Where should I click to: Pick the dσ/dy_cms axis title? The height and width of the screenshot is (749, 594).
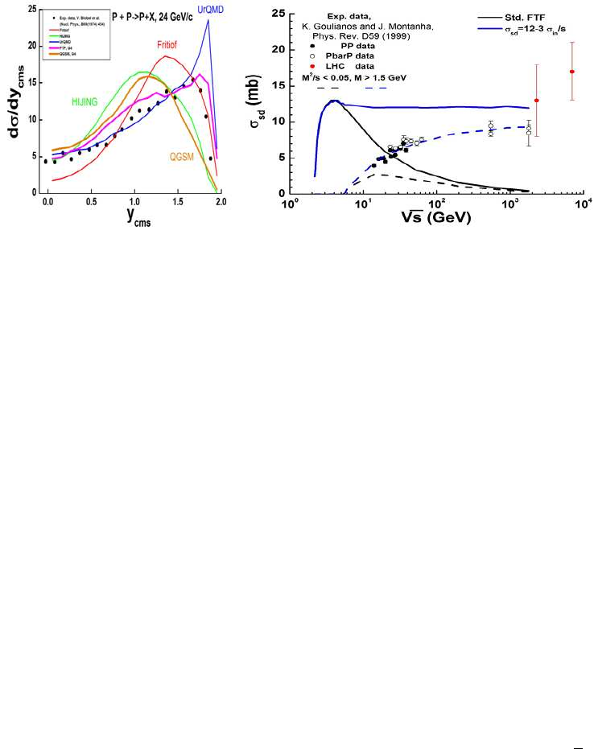(14, 105)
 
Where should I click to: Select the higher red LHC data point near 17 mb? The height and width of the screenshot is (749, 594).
(571, 72)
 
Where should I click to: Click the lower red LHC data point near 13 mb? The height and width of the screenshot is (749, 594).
(536, 101)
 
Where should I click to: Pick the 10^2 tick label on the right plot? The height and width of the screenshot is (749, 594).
(436, 204)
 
